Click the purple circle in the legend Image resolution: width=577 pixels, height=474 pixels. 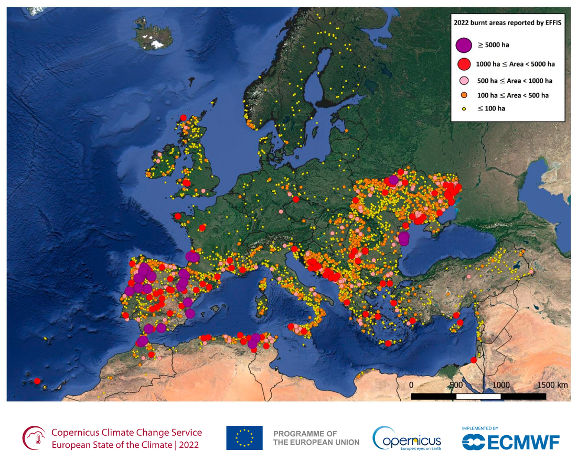tap(463, 46)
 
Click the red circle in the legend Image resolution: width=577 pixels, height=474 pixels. tap(463, 64)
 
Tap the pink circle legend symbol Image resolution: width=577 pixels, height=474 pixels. tap(464, 81)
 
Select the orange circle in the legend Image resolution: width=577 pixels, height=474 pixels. tap(464, 95)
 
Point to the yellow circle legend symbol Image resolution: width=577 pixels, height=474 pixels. tap(464, 108)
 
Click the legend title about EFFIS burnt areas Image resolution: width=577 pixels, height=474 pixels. tap(507, 23)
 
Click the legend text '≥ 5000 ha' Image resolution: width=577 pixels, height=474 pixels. tap(491, 46)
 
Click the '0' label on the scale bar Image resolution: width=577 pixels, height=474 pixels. tap(411, 385)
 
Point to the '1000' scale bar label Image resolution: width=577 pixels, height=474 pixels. tap(500, 385)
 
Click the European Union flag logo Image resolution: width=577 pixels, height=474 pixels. tap(244, 438)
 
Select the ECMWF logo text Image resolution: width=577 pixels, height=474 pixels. tap(523, 443)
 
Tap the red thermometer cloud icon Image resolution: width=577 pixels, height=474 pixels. tap(34, 438)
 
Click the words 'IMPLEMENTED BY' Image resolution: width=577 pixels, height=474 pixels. tap(480, 428)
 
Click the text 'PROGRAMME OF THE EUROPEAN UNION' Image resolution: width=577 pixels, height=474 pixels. tap(316, 438)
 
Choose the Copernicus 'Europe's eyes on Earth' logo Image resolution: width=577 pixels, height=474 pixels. tap(407, 438)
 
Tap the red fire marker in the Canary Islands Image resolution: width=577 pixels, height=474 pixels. tap(37, 381)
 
